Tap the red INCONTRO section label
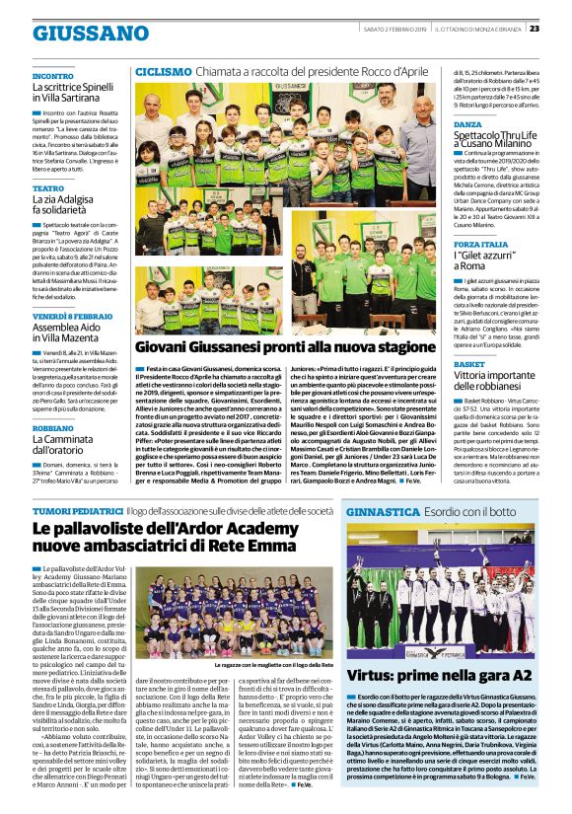pyautogui.click(x=52, y=76)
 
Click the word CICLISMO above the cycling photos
pyautogui.click(x=163, y=72)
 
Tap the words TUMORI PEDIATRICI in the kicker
pyautogui.click(x=77, y=511)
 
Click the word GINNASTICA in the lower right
pyautogui.click(x=383, y=513)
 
